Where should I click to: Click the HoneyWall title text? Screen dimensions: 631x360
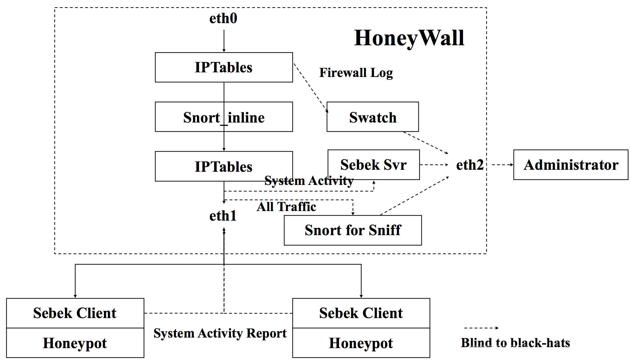point(409,38)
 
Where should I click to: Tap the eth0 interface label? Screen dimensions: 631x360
point(223,18)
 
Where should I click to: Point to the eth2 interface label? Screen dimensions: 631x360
point(470,165)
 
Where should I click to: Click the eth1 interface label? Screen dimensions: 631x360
point(223,216)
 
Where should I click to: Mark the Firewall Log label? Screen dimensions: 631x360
point(356,73)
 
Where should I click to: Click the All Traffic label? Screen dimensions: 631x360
point(286,207)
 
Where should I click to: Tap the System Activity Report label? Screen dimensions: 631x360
point(220,334)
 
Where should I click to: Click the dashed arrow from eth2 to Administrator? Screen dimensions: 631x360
point(503,165)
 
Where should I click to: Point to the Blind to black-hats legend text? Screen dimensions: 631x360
point(515,343)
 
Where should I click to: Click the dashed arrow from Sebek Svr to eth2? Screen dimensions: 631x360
point(434,165)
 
